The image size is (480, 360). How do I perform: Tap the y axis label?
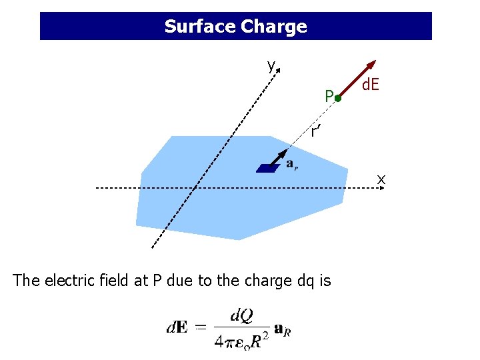click(271, 65)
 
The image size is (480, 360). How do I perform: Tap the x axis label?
click(381, 179)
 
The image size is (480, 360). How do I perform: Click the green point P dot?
click(338, 99)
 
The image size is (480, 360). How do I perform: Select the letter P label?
click(329, 97)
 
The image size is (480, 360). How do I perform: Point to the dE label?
click(371, 85)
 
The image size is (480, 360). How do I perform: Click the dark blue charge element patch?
click(268, 169)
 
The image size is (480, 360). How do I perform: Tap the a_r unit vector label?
click(292, 164)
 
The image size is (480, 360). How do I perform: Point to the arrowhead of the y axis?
click(278, 69)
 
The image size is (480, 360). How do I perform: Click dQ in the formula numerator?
click(241, 315)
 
